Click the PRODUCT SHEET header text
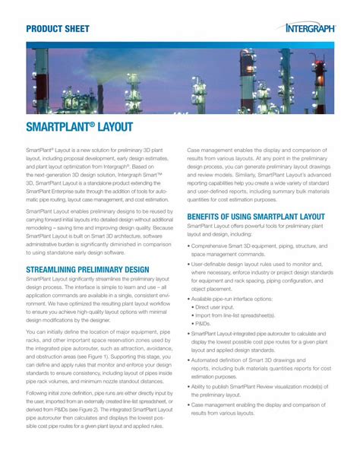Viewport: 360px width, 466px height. coord(58,29)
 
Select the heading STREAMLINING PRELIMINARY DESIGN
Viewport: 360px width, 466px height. coord(87,270)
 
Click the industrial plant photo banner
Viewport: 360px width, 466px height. coord(179,78)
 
